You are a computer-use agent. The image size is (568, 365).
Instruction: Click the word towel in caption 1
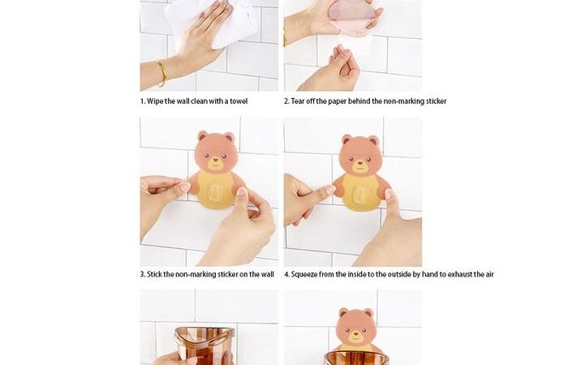pyautogui.click(x=239, y=101)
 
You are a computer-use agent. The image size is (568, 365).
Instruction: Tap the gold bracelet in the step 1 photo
pyautogui.click(x=161, y=73)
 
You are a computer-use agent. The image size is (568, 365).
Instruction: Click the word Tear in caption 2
pyautogui.click(x=298, y=101)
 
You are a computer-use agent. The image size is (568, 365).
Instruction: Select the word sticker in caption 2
pyautogui.click(x=436, y=101)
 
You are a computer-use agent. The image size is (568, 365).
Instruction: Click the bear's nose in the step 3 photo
pyautogui.click(x=216, y=160)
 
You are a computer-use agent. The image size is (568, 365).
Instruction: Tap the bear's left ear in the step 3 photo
pyautogui.click(x=203, y=136)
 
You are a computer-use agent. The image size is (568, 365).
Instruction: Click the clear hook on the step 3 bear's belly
pyautogui.click(x=215, y=193)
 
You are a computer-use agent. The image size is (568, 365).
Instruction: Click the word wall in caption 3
pyautogui.click(x=267, y=274)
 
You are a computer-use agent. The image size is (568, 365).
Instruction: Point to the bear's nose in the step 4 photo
pyautogui.click(x=360, y=163)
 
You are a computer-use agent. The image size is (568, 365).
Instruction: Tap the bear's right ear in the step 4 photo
pyautogui.click(x=373, y=141)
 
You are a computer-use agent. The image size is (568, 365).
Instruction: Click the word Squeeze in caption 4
pyautogui.click(x=304, y=274)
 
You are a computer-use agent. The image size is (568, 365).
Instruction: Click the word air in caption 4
pyautogui.click(x=489, y=274)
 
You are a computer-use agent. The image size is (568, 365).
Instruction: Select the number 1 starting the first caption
pyautogui.click(x=143, y=101)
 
